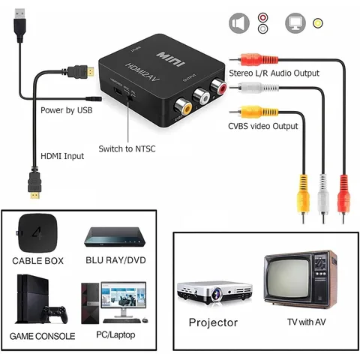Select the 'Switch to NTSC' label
(128, 149)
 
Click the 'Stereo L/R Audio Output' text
(275, 73)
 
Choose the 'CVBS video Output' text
(264, 126)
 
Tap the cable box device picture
(35, 232)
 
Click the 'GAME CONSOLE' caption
(42, 336)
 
